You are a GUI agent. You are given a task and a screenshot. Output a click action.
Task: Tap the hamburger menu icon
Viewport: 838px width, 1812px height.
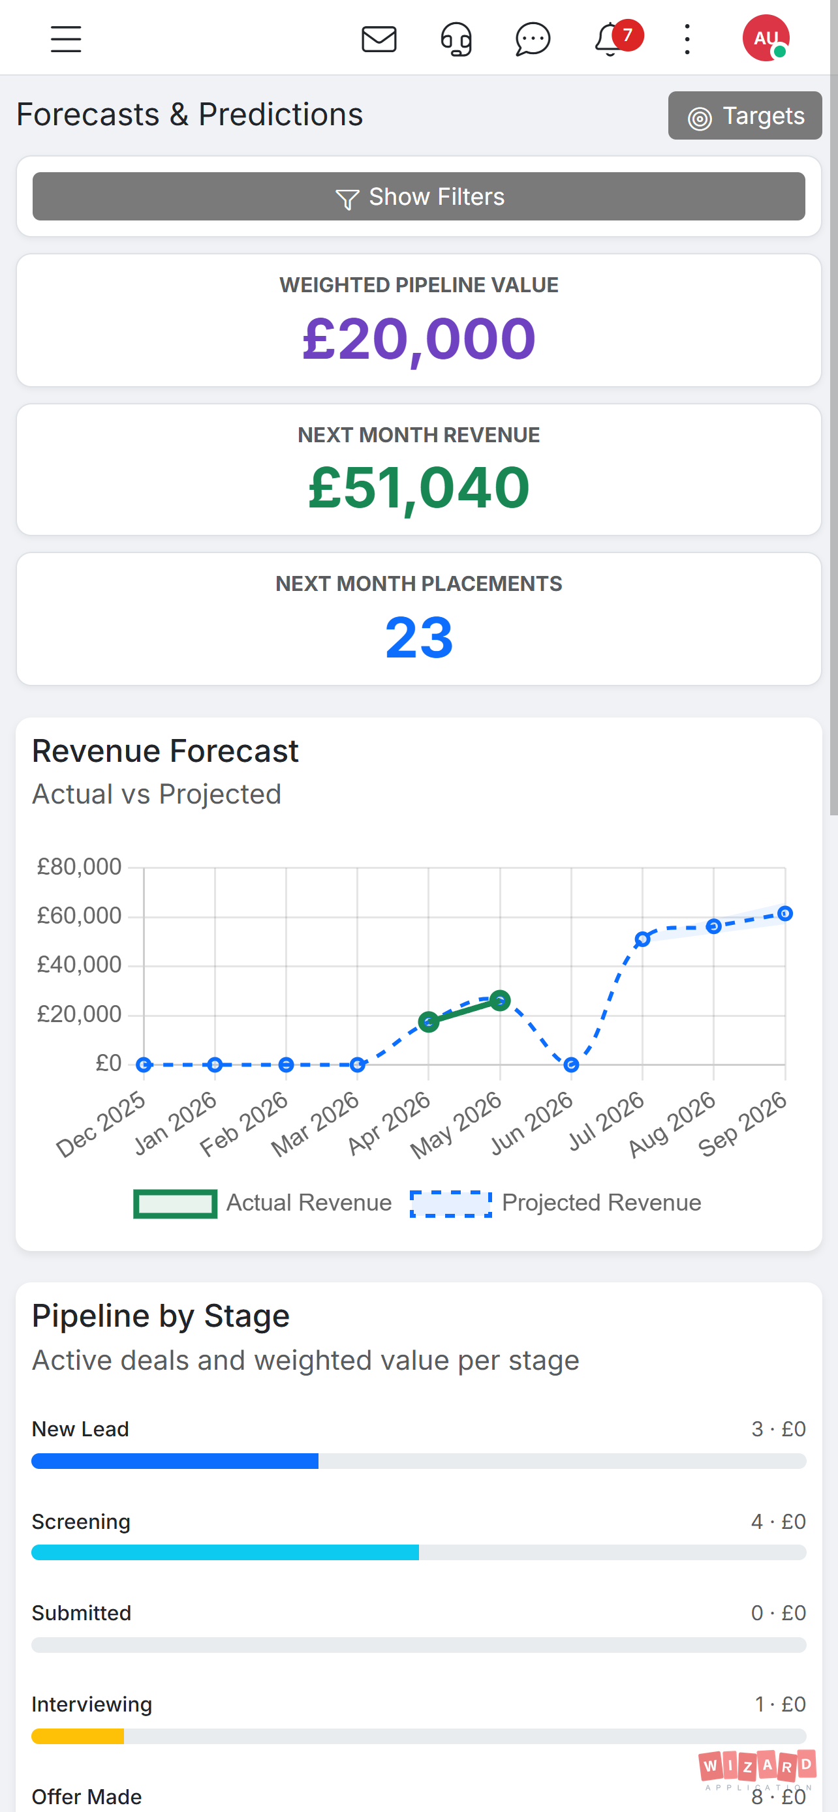(66, 38)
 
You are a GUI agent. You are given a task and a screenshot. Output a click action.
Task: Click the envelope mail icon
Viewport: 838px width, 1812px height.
(379, 39)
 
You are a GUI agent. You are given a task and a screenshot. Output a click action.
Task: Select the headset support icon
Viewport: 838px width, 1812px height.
(456, 39)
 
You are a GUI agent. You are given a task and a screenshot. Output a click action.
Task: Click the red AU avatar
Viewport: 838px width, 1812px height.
(766, 38)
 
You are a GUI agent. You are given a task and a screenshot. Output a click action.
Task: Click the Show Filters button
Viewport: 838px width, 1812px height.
(418, 196)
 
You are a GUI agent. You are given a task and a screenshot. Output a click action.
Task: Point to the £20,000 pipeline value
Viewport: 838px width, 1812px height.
(418, 339)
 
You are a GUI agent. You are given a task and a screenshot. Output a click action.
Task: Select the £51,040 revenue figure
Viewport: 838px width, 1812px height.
(418, 487)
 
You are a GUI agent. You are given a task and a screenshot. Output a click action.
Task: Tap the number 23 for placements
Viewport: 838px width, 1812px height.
(418, 637)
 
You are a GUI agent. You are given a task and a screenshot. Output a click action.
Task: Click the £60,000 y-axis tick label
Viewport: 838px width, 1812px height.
(80, 916)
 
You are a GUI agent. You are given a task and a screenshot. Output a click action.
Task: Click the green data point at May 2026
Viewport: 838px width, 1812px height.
(499, 1001)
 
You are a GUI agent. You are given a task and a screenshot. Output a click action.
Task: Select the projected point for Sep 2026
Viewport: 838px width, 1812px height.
(785, 914)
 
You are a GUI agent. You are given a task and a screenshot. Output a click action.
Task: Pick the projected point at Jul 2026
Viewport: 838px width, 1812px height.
(642, 939)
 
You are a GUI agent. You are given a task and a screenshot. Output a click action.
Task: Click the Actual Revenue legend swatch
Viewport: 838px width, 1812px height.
(175, 1203)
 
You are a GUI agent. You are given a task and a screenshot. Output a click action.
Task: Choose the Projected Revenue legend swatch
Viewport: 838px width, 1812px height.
(451, 1203)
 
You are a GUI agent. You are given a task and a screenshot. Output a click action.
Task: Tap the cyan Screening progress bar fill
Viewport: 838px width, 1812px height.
(225, 1552)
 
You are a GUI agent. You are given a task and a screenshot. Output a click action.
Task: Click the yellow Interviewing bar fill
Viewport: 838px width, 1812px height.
(78, 1736)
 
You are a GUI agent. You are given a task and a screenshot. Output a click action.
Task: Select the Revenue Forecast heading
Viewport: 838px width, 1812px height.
(165, 751)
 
